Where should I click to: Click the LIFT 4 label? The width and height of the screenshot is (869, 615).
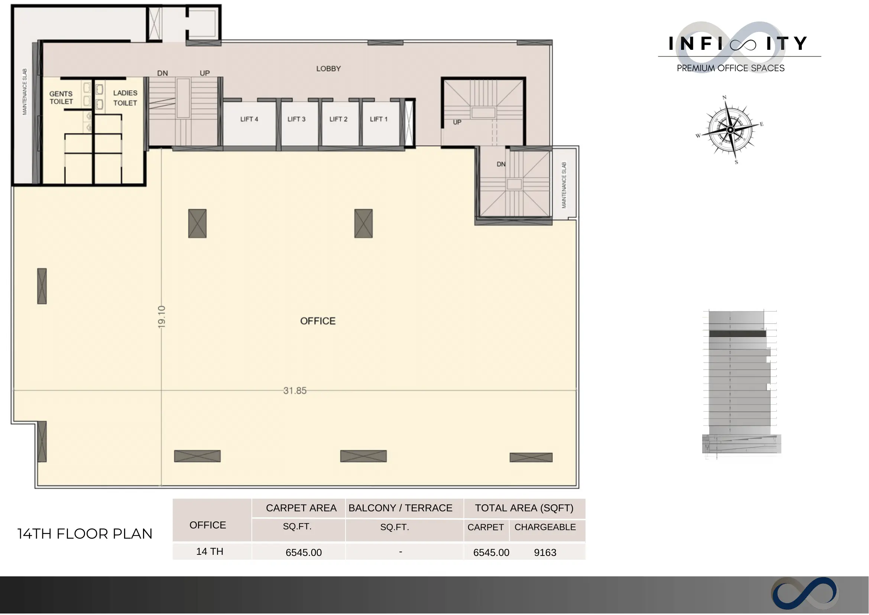[249, 119]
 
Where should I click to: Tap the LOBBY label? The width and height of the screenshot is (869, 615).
[329, 69]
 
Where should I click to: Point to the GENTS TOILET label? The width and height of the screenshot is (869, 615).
[61, 98]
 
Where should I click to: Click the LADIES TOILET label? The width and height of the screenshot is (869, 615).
[125, 98]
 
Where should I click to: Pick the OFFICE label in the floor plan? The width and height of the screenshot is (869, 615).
[318, 321]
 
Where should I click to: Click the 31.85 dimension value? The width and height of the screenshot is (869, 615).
[295, 391]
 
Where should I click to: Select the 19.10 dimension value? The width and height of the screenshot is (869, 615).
[162, 317]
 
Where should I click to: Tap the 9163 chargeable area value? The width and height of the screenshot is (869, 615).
[545, 553]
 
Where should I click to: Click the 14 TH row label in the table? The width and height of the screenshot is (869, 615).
[210, 552]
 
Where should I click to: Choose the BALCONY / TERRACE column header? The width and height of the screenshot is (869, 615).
[401, 508]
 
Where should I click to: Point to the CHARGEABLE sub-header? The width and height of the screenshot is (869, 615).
[545, 527]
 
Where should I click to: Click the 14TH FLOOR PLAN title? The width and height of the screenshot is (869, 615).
[85, 534]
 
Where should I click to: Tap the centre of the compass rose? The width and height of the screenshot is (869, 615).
[731, 130]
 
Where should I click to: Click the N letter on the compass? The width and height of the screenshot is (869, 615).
[725, 97]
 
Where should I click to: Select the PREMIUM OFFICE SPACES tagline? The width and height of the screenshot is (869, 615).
[731, 68]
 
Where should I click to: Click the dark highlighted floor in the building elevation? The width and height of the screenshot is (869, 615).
[737, 334]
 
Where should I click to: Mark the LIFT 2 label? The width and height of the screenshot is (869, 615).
[338, 119]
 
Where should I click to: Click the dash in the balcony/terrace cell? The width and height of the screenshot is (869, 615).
[401, 553]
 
